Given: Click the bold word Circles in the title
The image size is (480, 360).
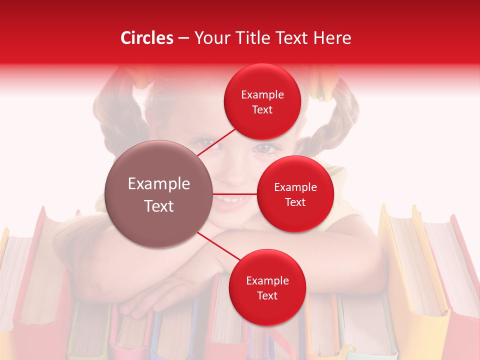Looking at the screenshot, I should tap(147, 38).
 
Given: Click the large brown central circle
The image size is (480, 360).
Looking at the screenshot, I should tap(159, 194).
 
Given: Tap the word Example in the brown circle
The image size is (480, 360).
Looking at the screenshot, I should tap(159, 184).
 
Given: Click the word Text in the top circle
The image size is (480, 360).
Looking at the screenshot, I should tap(262, 110).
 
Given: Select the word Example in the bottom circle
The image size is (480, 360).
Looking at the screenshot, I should tap(267, 280).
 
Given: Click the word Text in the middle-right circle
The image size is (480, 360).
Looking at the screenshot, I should tap(295, 202).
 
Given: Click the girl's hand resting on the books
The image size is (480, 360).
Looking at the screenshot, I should tap(150, 300).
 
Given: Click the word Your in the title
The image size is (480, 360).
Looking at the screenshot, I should tap(211, 38).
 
